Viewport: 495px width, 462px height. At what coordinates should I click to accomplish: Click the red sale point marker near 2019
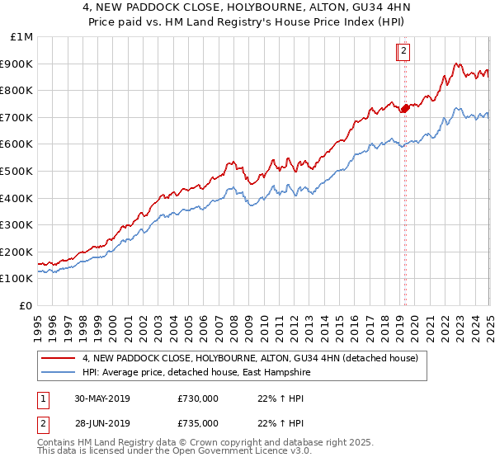pos(406,107)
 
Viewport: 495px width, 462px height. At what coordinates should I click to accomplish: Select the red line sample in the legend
pos(59,358)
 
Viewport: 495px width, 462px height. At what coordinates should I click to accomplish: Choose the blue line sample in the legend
pos(59,372)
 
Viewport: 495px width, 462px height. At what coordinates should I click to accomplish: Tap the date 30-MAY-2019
pos(101,398)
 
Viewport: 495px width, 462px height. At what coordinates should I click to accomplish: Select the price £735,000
pos(198,423)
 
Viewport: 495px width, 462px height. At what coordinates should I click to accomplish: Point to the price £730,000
pos(198,398)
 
